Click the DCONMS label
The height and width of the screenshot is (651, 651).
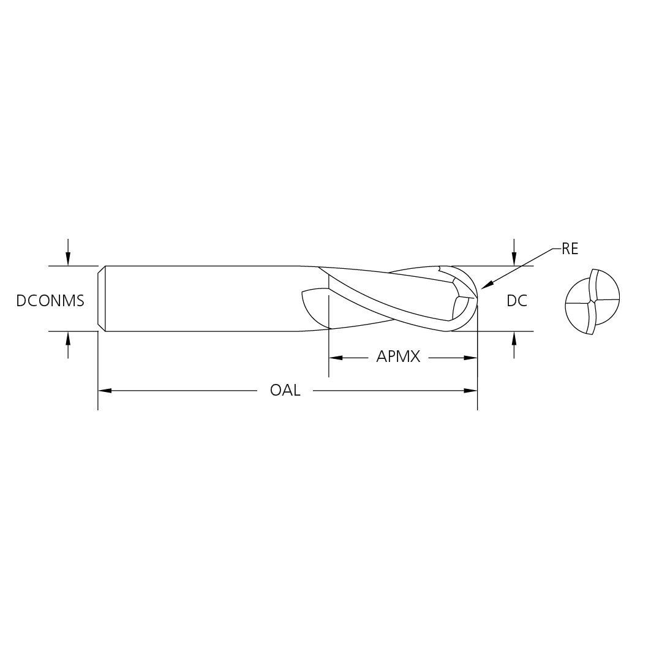click(x=50, y=301)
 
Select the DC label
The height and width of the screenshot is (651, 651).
click(x=517, y=301)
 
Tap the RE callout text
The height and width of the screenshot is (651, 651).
click(x=570, y=249)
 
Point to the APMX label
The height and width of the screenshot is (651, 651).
click(x=398, y=356)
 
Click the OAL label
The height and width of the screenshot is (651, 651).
click(x=285, y=390)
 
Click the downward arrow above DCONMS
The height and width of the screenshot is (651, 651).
click(x=68, y=252)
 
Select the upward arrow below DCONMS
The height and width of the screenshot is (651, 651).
click(x=68, y=345)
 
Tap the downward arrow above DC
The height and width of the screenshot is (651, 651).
click(x=514, y=252)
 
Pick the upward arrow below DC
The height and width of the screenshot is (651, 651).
click(x=514, y=345)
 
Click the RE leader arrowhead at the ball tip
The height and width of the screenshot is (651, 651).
click(x=486, y=284)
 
